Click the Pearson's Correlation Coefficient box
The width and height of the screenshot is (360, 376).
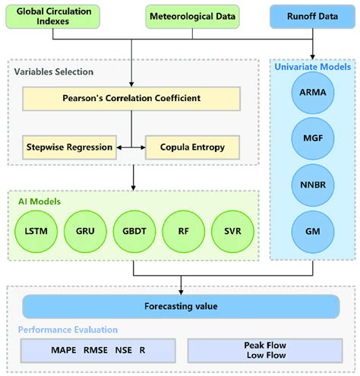coord(131,98)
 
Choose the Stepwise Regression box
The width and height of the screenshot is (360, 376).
coord(69,146)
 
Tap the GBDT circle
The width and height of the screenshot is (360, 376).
coord(135,229)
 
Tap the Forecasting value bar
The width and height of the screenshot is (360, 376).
coord(180,308)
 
